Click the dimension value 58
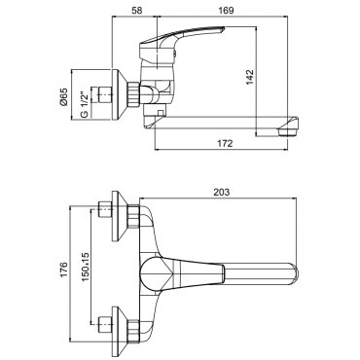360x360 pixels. point(137,10)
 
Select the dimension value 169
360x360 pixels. point(226,10)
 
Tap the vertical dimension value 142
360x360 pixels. point(250,77)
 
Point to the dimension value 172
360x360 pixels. point(226,143)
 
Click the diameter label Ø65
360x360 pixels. point(63,96)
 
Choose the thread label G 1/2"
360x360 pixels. point(84,105)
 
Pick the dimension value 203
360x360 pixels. point(221,192)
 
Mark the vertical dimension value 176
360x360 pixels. point(63,270)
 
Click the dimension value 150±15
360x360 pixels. point(85,267)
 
